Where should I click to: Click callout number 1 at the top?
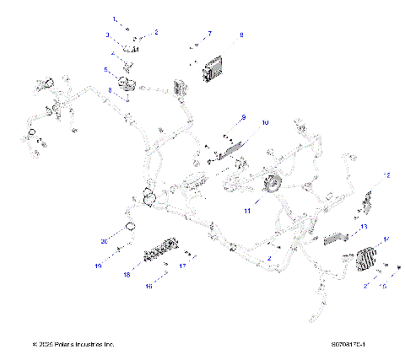tap(116, 18)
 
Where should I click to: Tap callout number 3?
tap(107, 35)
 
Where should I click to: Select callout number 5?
tap(106, 70)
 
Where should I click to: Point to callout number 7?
tap(210, 33)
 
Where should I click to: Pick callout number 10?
tap(264, 123)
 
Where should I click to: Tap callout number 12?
tap(387, 175)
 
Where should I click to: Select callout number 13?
tap(364, 227)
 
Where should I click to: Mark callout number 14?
tap(386, 239)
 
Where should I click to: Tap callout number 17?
tap(181, 266)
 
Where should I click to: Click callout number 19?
tap(98, 266)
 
